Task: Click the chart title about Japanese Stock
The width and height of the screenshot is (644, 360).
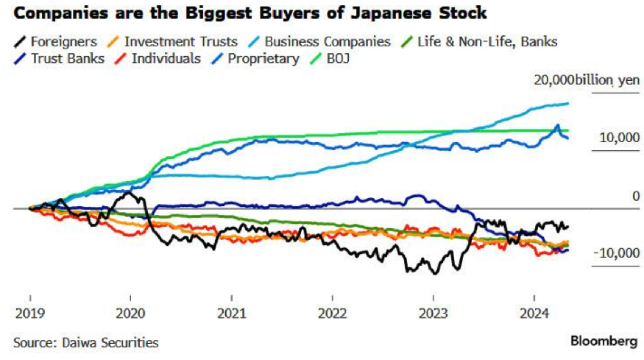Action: [x=250, y=13]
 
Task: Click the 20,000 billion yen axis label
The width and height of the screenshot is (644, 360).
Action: [x=587, y=80]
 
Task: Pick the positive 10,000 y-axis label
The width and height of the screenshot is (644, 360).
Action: [x=615, y=138]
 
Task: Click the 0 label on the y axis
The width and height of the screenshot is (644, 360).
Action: [x=635, y=195]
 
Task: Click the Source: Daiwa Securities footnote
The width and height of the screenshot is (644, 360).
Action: [x=85, y=342]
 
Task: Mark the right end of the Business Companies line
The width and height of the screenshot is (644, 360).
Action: [x=568, y=104]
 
